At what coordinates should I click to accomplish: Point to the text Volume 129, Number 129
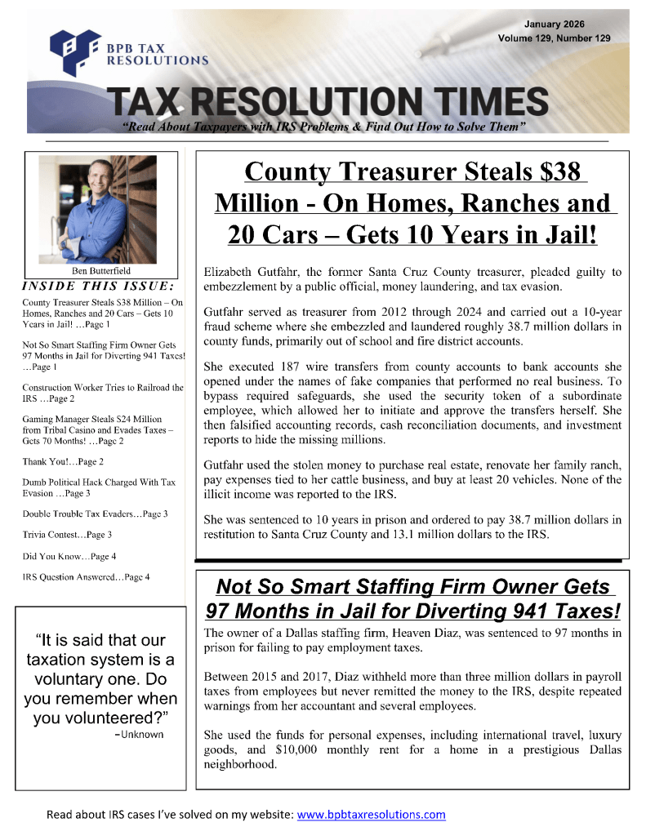[553, 38]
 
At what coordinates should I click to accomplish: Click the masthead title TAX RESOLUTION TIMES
[330, 101]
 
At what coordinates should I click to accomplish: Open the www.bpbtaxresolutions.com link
[371, 814]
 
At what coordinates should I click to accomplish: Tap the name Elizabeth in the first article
[229, 272]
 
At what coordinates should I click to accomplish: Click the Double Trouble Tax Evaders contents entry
[96, 514]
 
